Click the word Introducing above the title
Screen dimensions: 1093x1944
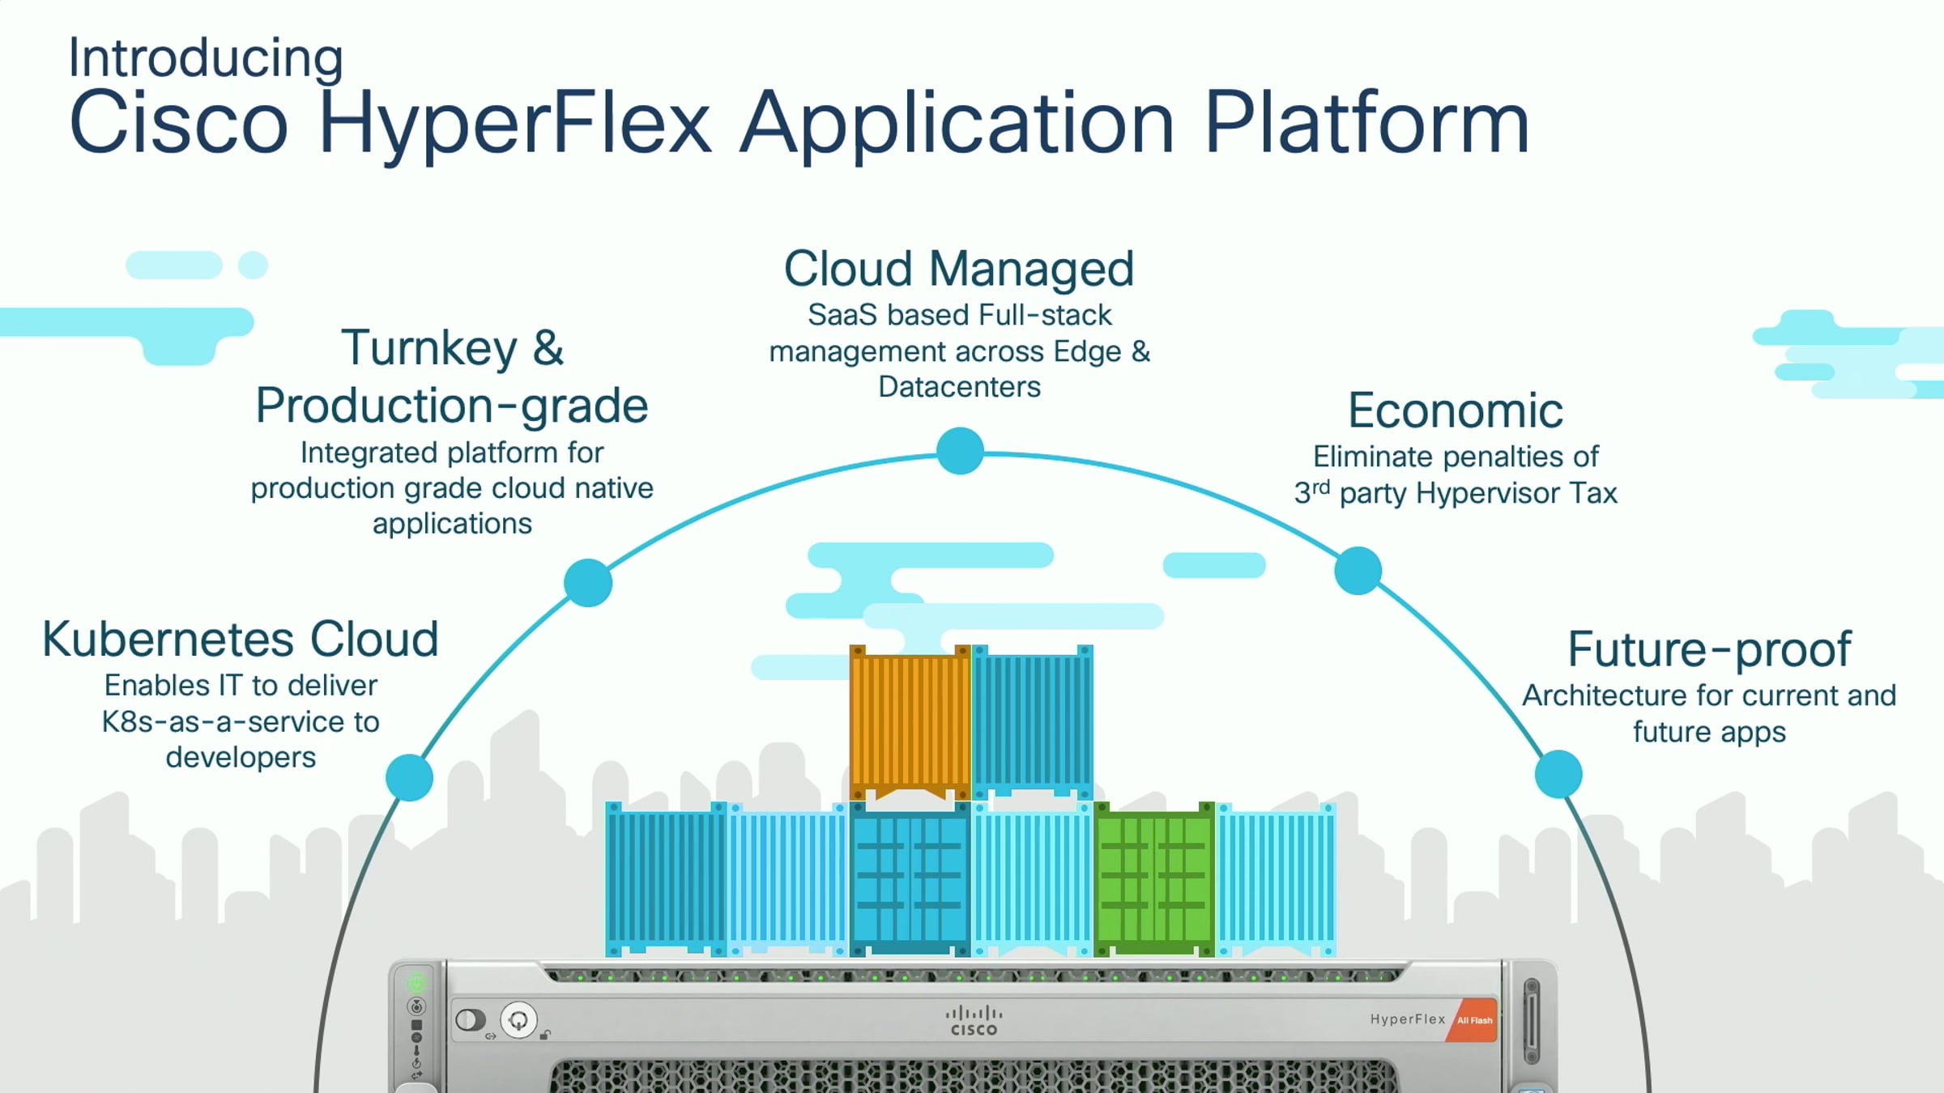(x=206, y=58)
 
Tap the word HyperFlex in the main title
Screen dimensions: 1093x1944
(x=515, y=123)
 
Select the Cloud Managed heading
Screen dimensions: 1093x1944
(x=959, y=269)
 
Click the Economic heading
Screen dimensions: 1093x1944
(x=1456, y=410)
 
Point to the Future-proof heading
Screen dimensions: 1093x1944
(x=1709, y=649)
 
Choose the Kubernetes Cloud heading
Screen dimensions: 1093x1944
(x=241, y=640)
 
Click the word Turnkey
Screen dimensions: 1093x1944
(x=429, y=348)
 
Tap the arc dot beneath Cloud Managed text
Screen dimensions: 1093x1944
(x=960, y=451)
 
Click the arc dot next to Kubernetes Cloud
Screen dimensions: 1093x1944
(x=409, y=777)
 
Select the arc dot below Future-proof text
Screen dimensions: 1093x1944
(x=1558, y=774)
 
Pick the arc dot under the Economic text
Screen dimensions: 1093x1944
(x=1358, y=570)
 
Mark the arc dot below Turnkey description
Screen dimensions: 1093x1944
(x=588, y=582)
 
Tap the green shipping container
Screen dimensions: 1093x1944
(x=1153, y=878)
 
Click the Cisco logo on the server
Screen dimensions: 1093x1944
(x=974, y=1020)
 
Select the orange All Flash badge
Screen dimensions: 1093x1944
(x=1474, y=1020)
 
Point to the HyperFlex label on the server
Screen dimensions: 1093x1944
(x=1407, y=1019)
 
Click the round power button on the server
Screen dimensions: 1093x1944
(x=518, y=1019)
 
